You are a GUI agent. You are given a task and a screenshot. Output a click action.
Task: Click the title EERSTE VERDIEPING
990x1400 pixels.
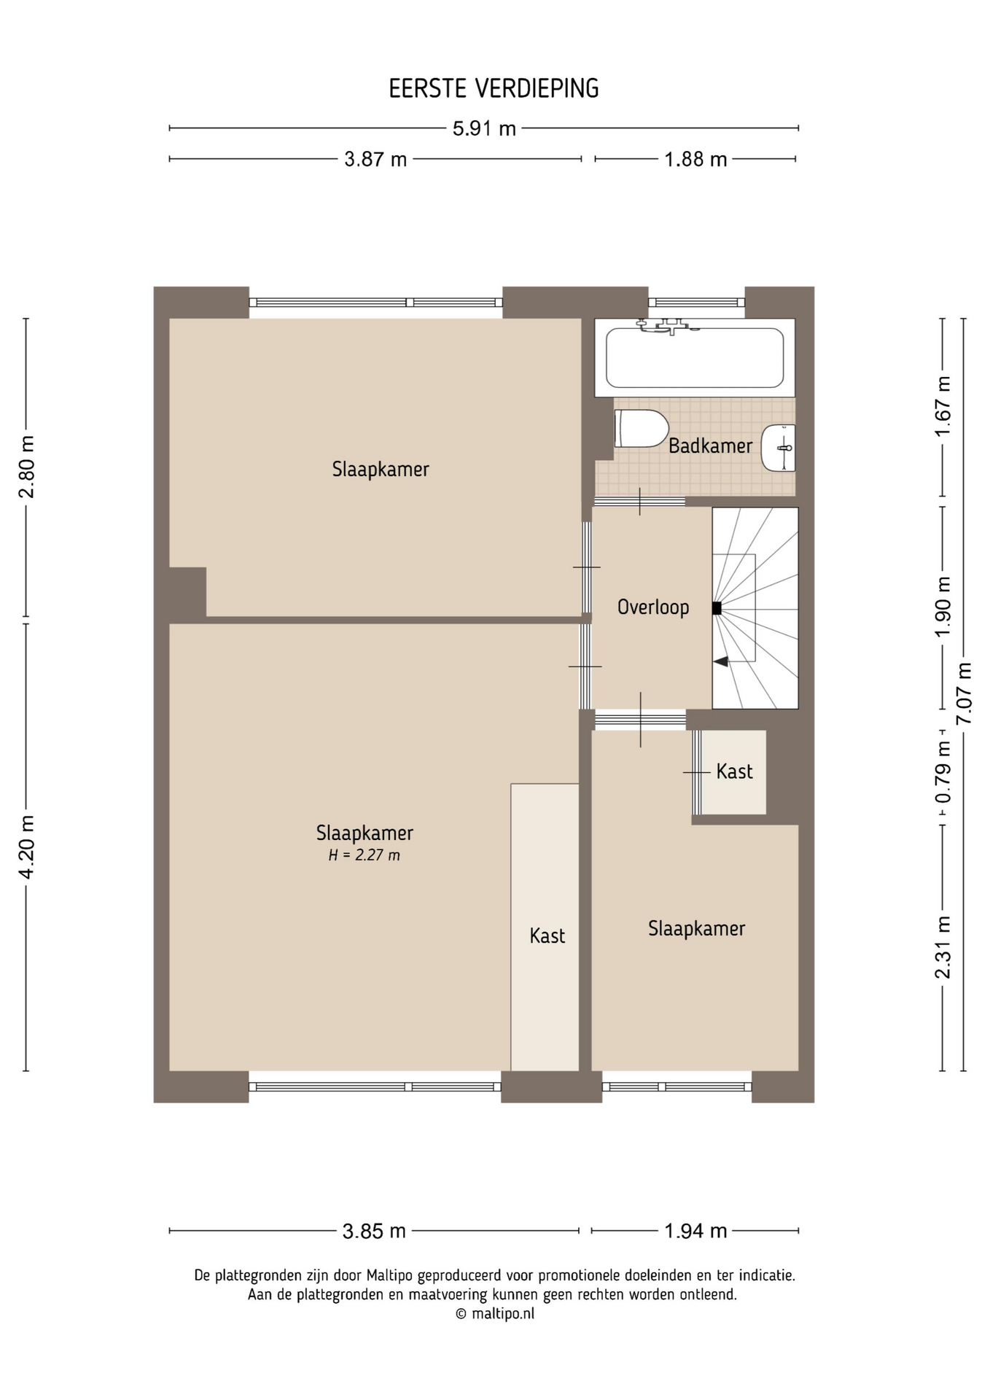(494, 88)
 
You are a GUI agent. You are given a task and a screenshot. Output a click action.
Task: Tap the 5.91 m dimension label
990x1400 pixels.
(484, 129)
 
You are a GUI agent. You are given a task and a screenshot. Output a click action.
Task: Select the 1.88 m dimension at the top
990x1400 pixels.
(695, 159)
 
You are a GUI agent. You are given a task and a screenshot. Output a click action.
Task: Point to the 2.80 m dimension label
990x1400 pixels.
(27, 467)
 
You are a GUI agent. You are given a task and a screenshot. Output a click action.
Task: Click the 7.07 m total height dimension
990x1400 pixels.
(964, 693)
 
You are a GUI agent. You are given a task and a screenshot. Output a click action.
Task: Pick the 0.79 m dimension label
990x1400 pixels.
(943, 772)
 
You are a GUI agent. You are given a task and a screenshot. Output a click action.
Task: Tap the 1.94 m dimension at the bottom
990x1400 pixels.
(695, 1231)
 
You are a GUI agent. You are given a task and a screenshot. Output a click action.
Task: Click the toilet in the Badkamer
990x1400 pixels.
(642, 428)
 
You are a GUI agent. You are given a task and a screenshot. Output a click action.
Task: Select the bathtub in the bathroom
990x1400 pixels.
(695, 358)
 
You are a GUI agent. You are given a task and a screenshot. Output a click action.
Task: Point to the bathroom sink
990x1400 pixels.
(779, 448)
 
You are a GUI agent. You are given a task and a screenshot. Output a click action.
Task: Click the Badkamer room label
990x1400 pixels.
(710, 446)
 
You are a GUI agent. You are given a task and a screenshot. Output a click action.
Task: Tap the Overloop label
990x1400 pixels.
(653, 607)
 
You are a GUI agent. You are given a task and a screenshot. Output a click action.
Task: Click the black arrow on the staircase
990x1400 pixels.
(721, 661)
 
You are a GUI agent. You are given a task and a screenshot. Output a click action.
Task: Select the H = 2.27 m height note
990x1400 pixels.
(364, 855)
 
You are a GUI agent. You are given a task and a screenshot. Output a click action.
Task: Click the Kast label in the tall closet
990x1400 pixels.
(547, 936)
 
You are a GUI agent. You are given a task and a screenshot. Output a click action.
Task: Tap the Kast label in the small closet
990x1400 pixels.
(734, 771)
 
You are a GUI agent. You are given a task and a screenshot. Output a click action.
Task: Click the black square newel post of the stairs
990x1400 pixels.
(717, 608)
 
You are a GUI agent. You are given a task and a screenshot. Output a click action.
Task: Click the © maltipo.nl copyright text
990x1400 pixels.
(495, 1313)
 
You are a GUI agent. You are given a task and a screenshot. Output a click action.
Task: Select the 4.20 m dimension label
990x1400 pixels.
(27, 847)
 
